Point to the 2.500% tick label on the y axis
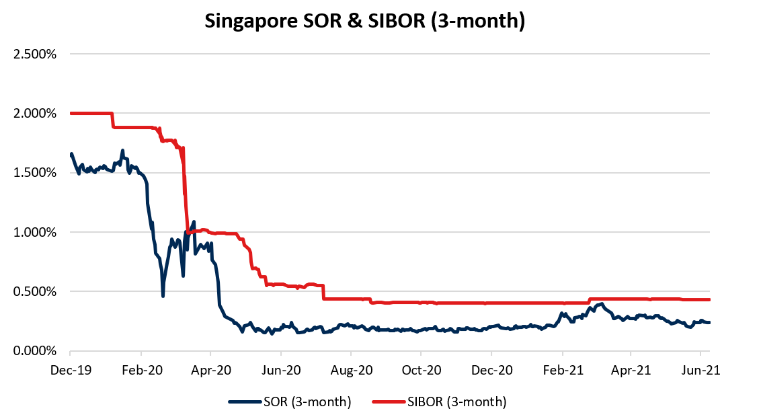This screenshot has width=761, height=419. tap(34, 54)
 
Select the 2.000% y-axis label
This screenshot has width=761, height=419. tap(34, 113)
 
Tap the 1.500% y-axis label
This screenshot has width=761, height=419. tap(34, 173)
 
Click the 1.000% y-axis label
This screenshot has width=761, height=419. tap(34, 232)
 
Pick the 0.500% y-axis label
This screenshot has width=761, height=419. tap(34, 291)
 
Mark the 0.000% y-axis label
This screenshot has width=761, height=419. tap(34, 351)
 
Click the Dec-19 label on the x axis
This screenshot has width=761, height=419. tap(70, 369)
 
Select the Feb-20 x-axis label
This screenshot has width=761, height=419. tap(141, 369)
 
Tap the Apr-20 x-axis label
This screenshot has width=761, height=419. tap(210, 369)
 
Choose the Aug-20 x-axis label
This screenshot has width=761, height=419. tap(351, 369)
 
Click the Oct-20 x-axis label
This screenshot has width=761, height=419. tap(421, 369)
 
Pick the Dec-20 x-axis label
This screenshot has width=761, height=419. tap(491, 369)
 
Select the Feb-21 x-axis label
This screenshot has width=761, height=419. tap(563, 369)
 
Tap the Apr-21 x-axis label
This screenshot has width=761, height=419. tap(631, 369)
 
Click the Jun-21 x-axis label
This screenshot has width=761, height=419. tap(701, 369)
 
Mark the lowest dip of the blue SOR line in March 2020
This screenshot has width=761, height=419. tap(163, 295)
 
